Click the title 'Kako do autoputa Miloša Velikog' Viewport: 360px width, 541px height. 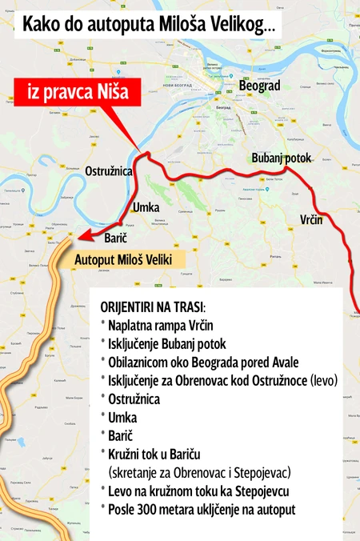(148, 24)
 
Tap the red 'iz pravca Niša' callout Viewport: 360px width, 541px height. (78, 92)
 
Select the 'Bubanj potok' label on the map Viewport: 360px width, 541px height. (281, 158)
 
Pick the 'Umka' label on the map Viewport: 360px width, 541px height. (146, 207)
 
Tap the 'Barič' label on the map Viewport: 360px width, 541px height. (117, 238)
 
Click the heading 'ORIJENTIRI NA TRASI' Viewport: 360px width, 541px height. (153, 307)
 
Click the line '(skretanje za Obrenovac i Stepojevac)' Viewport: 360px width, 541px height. (200, 472)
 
